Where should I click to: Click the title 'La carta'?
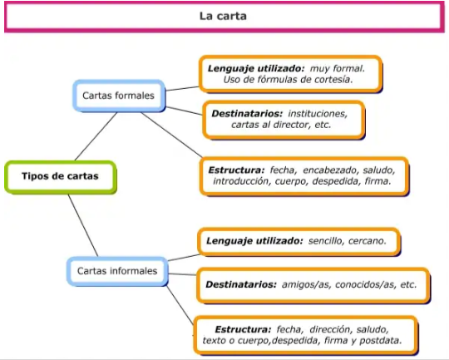click(x=223, y=16)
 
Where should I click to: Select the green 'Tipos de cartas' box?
click(x=61, y=177)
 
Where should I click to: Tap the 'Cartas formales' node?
click(x=119, y=96)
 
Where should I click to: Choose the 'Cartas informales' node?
click(x=117, y=271)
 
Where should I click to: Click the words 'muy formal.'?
click(x=338, y=69)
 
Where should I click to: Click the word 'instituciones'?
click(x=318, y=114)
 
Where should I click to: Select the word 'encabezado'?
click(x=330, y=170)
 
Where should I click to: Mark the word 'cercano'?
click(x=368, y=241)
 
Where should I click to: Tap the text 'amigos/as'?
click(x=305, y=284)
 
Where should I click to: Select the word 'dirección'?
click(x=330, y=329)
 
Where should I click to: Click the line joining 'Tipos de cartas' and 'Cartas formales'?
click(x=96, y=136)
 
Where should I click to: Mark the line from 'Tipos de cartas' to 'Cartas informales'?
click(x=83, y=225)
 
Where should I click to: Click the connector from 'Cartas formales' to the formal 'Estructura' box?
click(x=171, y=135)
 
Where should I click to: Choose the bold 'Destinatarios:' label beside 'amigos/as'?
click(x=241, y=284)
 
